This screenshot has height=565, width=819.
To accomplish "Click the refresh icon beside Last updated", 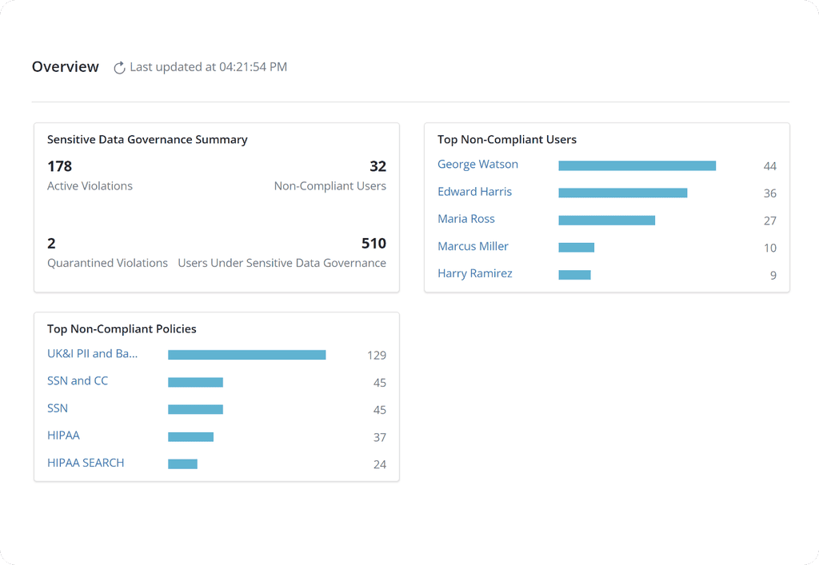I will click(x=119, y=68).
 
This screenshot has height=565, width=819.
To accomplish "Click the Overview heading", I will click(x=66, y=67).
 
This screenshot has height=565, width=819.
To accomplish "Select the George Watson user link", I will click(x=477, y=165).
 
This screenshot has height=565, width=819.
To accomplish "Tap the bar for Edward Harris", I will click(x=622, y=193).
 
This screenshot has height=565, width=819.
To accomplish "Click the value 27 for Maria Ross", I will click(x=769, y=221).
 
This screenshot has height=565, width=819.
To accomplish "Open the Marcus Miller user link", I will click(x=473, y=246).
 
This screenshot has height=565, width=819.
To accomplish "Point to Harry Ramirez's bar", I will click(x=574, y=275).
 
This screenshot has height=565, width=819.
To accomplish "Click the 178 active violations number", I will click(x=60, y=166).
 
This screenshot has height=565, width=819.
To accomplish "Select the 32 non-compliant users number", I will click(x=378, y=166).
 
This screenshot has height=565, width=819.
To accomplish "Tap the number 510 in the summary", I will click(x=374, y=244).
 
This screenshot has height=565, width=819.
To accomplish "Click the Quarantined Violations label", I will click(x=107, y=263).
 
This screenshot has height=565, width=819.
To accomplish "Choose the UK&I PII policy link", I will click(x=92, y=353).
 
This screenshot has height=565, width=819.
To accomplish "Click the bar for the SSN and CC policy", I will click(x=195, y=383).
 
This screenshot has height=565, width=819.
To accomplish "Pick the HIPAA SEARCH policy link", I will click(x=86, y=463).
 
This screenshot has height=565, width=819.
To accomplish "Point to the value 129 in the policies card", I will click(x=377, y=356).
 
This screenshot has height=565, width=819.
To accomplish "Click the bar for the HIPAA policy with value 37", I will click(x=190, y=437).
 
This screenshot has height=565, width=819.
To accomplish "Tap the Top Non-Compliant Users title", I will click(x=507, y=139).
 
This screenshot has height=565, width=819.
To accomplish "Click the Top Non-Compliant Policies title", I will click(x=122, y=328).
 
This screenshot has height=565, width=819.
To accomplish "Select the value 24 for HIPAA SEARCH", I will click(x=379, y=464).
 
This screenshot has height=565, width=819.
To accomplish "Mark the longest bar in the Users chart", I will click(x=637, y=165).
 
